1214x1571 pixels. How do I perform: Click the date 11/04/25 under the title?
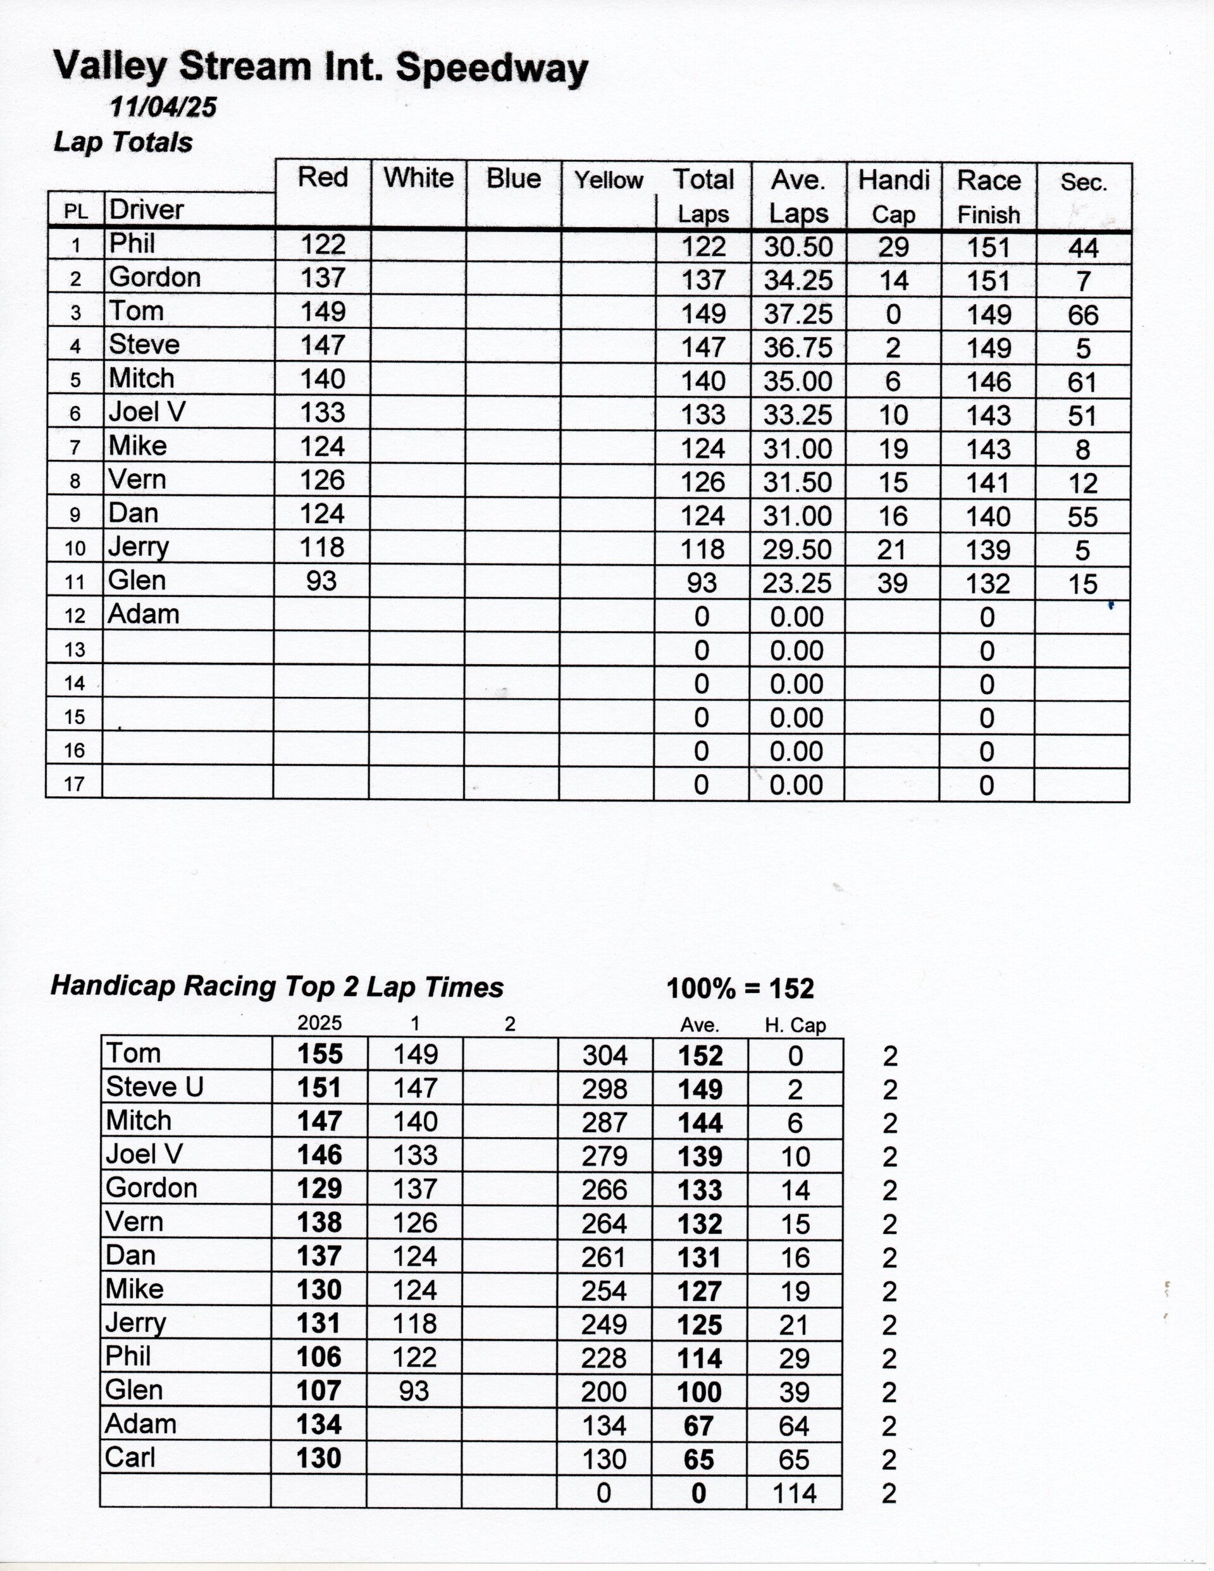coord(163,107)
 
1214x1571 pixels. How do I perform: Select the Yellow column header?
coord(608,180)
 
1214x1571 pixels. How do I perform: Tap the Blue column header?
coord(513,178)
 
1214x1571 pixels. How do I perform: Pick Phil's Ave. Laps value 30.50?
coord(798,247)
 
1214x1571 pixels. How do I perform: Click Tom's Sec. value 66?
coord(1082,315)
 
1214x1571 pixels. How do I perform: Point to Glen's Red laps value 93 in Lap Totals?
coord(321,581)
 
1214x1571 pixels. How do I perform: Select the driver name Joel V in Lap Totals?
coord(147,412)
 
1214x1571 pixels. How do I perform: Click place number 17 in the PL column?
coord(75,784)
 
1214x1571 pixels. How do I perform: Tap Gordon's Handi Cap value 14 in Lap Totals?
coord(893,281)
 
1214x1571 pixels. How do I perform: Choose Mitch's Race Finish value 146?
coord(989,382)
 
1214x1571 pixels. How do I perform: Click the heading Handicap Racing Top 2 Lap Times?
coord(277,986)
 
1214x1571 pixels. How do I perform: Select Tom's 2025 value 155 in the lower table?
coord(320,1054)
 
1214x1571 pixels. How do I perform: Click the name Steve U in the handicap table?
coord(155,1087)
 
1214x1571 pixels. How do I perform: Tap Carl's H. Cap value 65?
coord(794,1460)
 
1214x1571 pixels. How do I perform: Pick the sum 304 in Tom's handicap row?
coord(605,1056)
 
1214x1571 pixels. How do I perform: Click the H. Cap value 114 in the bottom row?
coord(794,1493)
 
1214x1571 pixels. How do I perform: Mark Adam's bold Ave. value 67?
coord(698,1426)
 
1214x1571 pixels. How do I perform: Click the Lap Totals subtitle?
coord(123,142)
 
